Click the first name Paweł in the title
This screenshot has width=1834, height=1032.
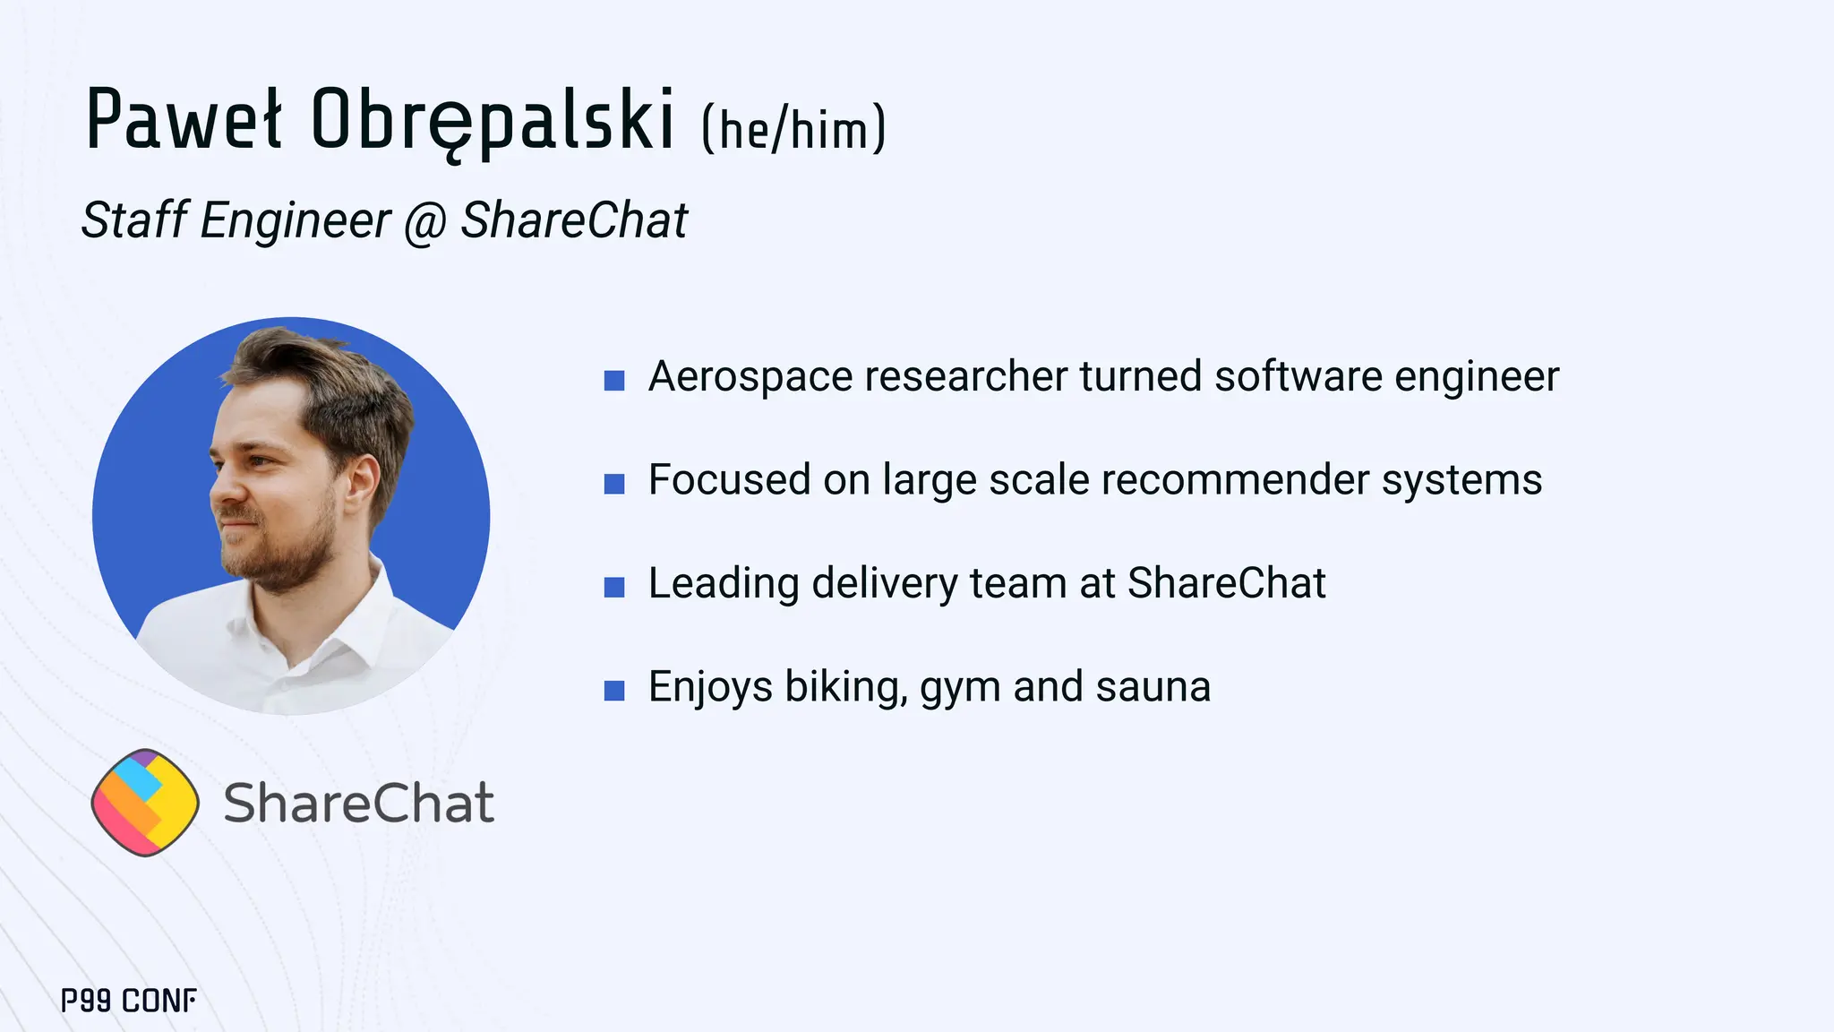pyautogui.click(x=184, y=120)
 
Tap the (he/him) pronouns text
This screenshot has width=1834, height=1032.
pyautogui.click(x=793, y=129)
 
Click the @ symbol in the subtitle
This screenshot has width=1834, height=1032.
pyautogui.click(x=424, y=221)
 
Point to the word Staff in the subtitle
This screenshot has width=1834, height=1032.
pyautogui.click(x=134, y=219)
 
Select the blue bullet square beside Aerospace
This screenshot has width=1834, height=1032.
pyautogui.click(x=614, y=381)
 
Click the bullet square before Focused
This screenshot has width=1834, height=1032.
pyautogui.click(x=614, y=485)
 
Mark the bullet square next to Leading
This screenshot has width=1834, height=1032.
pyautogui.click(x=614, y=588)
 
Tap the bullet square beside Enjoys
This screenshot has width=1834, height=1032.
pyautogui.click(x=614, y=691)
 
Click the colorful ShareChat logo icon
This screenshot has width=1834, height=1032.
pyautogui.click(x=145, y=802)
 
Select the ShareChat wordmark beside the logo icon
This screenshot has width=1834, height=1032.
pyautogui.click(x=358, y=803)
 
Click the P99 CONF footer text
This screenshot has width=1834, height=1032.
pyautogui.click(x=129, y=1001)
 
